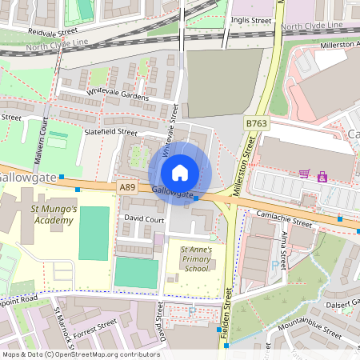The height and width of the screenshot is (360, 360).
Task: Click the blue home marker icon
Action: (180, 173)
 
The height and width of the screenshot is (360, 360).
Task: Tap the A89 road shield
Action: (126, 186)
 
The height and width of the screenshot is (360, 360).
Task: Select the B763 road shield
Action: (255, 123)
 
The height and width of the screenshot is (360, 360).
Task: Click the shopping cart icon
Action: (304, 174)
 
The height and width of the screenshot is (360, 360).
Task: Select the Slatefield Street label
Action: (110, 133)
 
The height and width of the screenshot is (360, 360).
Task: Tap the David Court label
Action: (144, 218)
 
